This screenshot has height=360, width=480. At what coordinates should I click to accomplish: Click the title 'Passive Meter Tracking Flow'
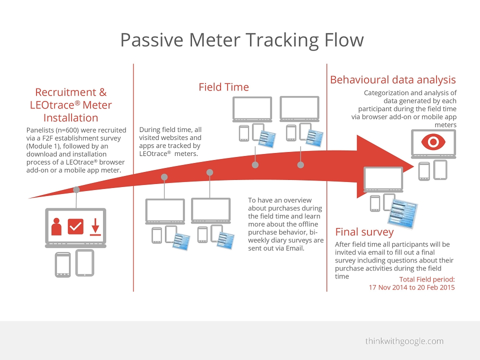click(242, 40)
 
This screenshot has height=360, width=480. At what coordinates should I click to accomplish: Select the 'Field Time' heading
click(224, 87)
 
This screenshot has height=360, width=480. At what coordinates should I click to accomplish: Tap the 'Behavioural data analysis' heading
click(393, 79)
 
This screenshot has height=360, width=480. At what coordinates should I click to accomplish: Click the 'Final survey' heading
click(364, 231)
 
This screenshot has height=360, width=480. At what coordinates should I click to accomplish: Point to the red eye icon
click(433, 141)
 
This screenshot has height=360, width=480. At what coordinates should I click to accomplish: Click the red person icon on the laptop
click(56, 226)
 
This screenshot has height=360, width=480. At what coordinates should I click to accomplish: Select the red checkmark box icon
click(75, 226)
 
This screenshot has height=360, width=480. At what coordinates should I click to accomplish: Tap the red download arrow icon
click(95, 227)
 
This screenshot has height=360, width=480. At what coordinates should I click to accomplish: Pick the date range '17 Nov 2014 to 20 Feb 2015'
click(411, 287)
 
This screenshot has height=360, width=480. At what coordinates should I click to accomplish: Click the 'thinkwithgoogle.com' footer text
click(404, 341)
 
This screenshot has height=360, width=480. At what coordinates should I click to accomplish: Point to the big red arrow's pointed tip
click(414, 166)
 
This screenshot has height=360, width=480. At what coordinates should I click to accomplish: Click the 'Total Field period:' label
click(427, 279)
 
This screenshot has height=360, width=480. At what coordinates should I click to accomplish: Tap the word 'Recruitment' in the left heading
click(66, 92)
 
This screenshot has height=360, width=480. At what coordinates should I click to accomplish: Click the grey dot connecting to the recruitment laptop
click(76, 190)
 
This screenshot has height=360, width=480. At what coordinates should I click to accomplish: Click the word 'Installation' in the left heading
click(70, 118)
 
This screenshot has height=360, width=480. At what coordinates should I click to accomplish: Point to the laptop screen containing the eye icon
click(433, 142)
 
